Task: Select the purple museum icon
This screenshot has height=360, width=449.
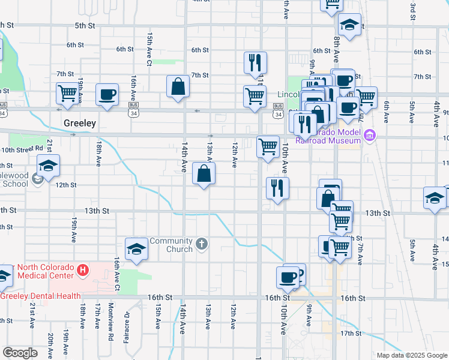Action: (x=370, y=135)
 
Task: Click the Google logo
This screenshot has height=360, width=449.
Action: (x=20, y=353)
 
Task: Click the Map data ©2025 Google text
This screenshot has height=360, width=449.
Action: (x=411, y=355)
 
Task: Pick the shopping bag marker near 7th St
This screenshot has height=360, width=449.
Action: (x=179, y=86)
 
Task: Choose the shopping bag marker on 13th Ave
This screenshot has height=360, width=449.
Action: (x=204, y=175)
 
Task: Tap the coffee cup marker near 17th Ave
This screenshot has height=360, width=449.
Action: (x=107, y=95)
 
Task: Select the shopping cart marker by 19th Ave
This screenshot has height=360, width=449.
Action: (x=67, y=94)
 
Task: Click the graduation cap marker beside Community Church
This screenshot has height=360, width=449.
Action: (x=136, y=249)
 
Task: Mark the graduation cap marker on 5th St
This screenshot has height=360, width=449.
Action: (x=349, y=25)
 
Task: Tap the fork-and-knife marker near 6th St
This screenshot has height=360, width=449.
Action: (x=255, y=62)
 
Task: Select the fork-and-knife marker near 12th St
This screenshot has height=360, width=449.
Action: (x=277, y=188)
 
